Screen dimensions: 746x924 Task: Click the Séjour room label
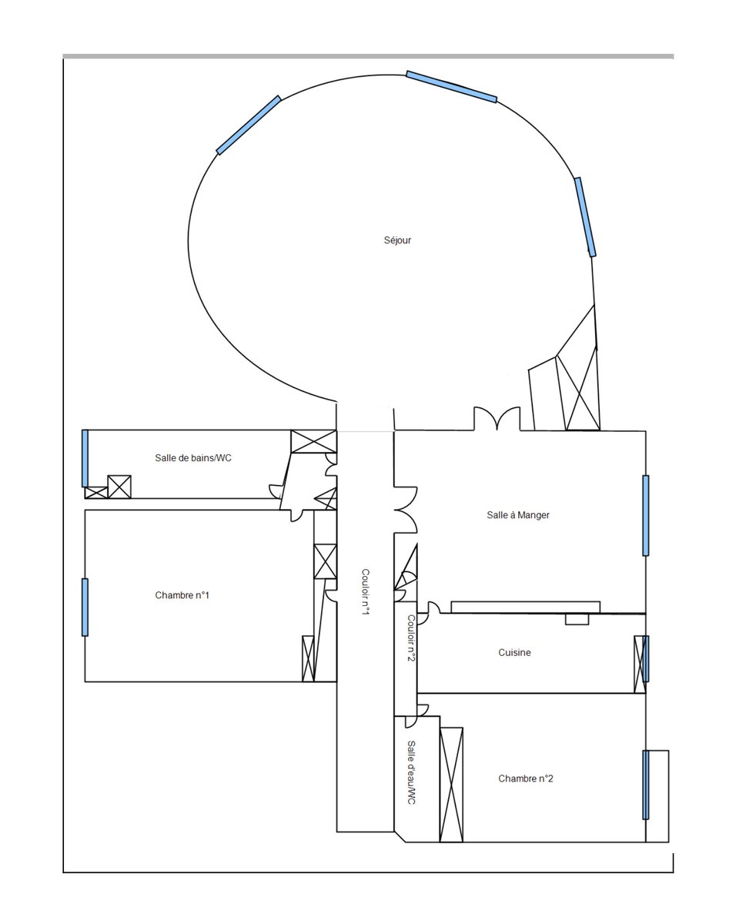(x=396, y=240)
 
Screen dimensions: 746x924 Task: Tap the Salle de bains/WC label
(x=193, y=457)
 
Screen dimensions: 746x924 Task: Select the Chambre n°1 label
(x=182, y=595)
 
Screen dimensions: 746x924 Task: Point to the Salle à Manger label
(x=517, y=515)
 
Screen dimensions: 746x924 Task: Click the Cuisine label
(x=514, y=652)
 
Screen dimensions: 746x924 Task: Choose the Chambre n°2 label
(x=525, y=778)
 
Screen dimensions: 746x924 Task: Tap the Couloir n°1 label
(x=365, y=591)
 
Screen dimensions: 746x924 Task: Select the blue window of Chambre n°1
(x=85, y=608)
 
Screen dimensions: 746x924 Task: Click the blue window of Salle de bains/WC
(x=85, y=458)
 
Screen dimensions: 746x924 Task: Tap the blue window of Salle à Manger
(x=645, y=515)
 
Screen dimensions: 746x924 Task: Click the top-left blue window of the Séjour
(x=249, y=125)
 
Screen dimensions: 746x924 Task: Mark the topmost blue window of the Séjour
(x=451, y=87)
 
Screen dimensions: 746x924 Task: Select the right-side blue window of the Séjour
(x=585, y=217)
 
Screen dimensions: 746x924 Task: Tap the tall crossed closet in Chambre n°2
(x=451, y=785)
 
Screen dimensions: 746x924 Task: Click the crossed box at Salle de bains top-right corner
(x=313, y=441)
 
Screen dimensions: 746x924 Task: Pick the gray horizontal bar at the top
(x=368, y=56)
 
